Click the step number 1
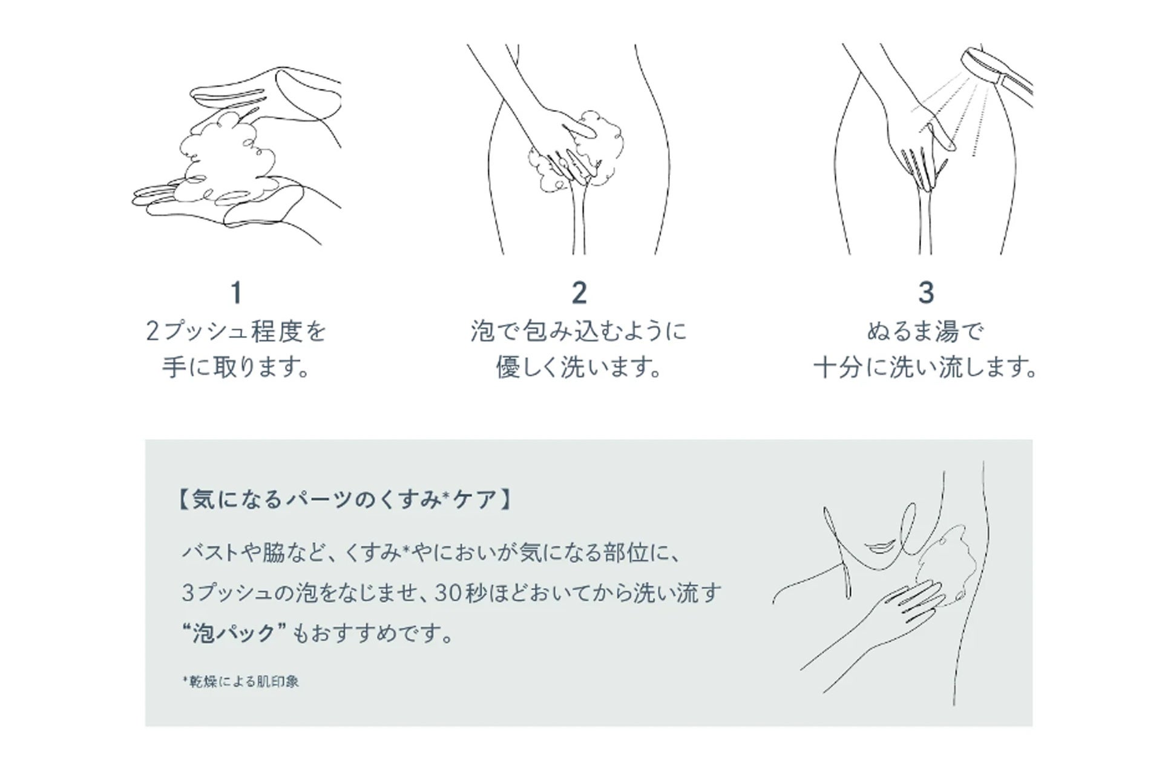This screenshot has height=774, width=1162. [237, 293]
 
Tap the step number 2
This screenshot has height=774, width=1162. [579, 293]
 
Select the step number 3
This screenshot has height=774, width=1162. [926, 293]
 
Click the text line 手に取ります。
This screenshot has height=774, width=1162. [237, 367]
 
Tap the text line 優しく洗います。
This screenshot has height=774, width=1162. [579, 367]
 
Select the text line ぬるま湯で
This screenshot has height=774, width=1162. [925, 331]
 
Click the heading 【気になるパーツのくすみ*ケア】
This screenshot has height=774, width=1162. [346, 500]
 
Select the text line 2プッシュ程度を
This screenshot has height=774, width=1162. [237, 331]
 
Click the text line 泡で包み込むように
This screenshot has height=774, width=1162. [579, 331]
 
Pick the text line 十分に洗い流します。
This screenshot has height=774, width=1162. [925, 367]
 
